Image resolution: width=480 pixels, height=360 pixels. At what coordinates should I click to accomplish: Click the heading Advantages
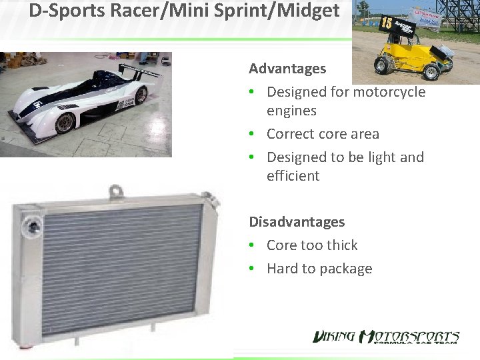287,69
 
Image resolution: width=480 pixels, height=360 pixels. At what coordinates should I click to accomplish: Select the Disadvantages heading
297,222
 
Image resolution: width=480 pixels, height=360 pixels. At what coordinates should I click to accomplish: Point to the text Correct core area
323,134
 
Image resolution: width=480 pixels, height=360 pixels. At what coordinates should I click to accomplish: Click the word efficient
293,176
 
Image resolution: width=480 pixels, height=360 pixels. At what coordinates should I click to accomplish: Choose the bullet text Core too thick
312,245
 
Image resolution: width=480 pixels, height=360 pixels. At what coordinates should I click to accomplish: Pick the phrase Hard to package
319,269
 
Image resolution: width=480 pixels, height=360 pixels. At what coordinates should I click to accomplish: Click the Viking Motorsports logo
386,337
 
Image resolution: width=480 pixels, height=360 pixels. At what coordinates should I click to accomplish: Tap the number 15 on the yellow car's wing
387,24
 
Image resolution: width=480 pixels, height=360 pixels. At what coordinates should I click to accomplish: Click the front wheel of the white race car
65,123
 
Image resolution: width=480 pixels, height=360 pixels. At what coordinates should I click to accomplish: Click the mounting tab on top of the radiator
116,192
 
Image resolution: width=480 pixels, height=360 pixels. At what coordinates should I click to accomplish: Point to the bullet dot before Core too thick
256,246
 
